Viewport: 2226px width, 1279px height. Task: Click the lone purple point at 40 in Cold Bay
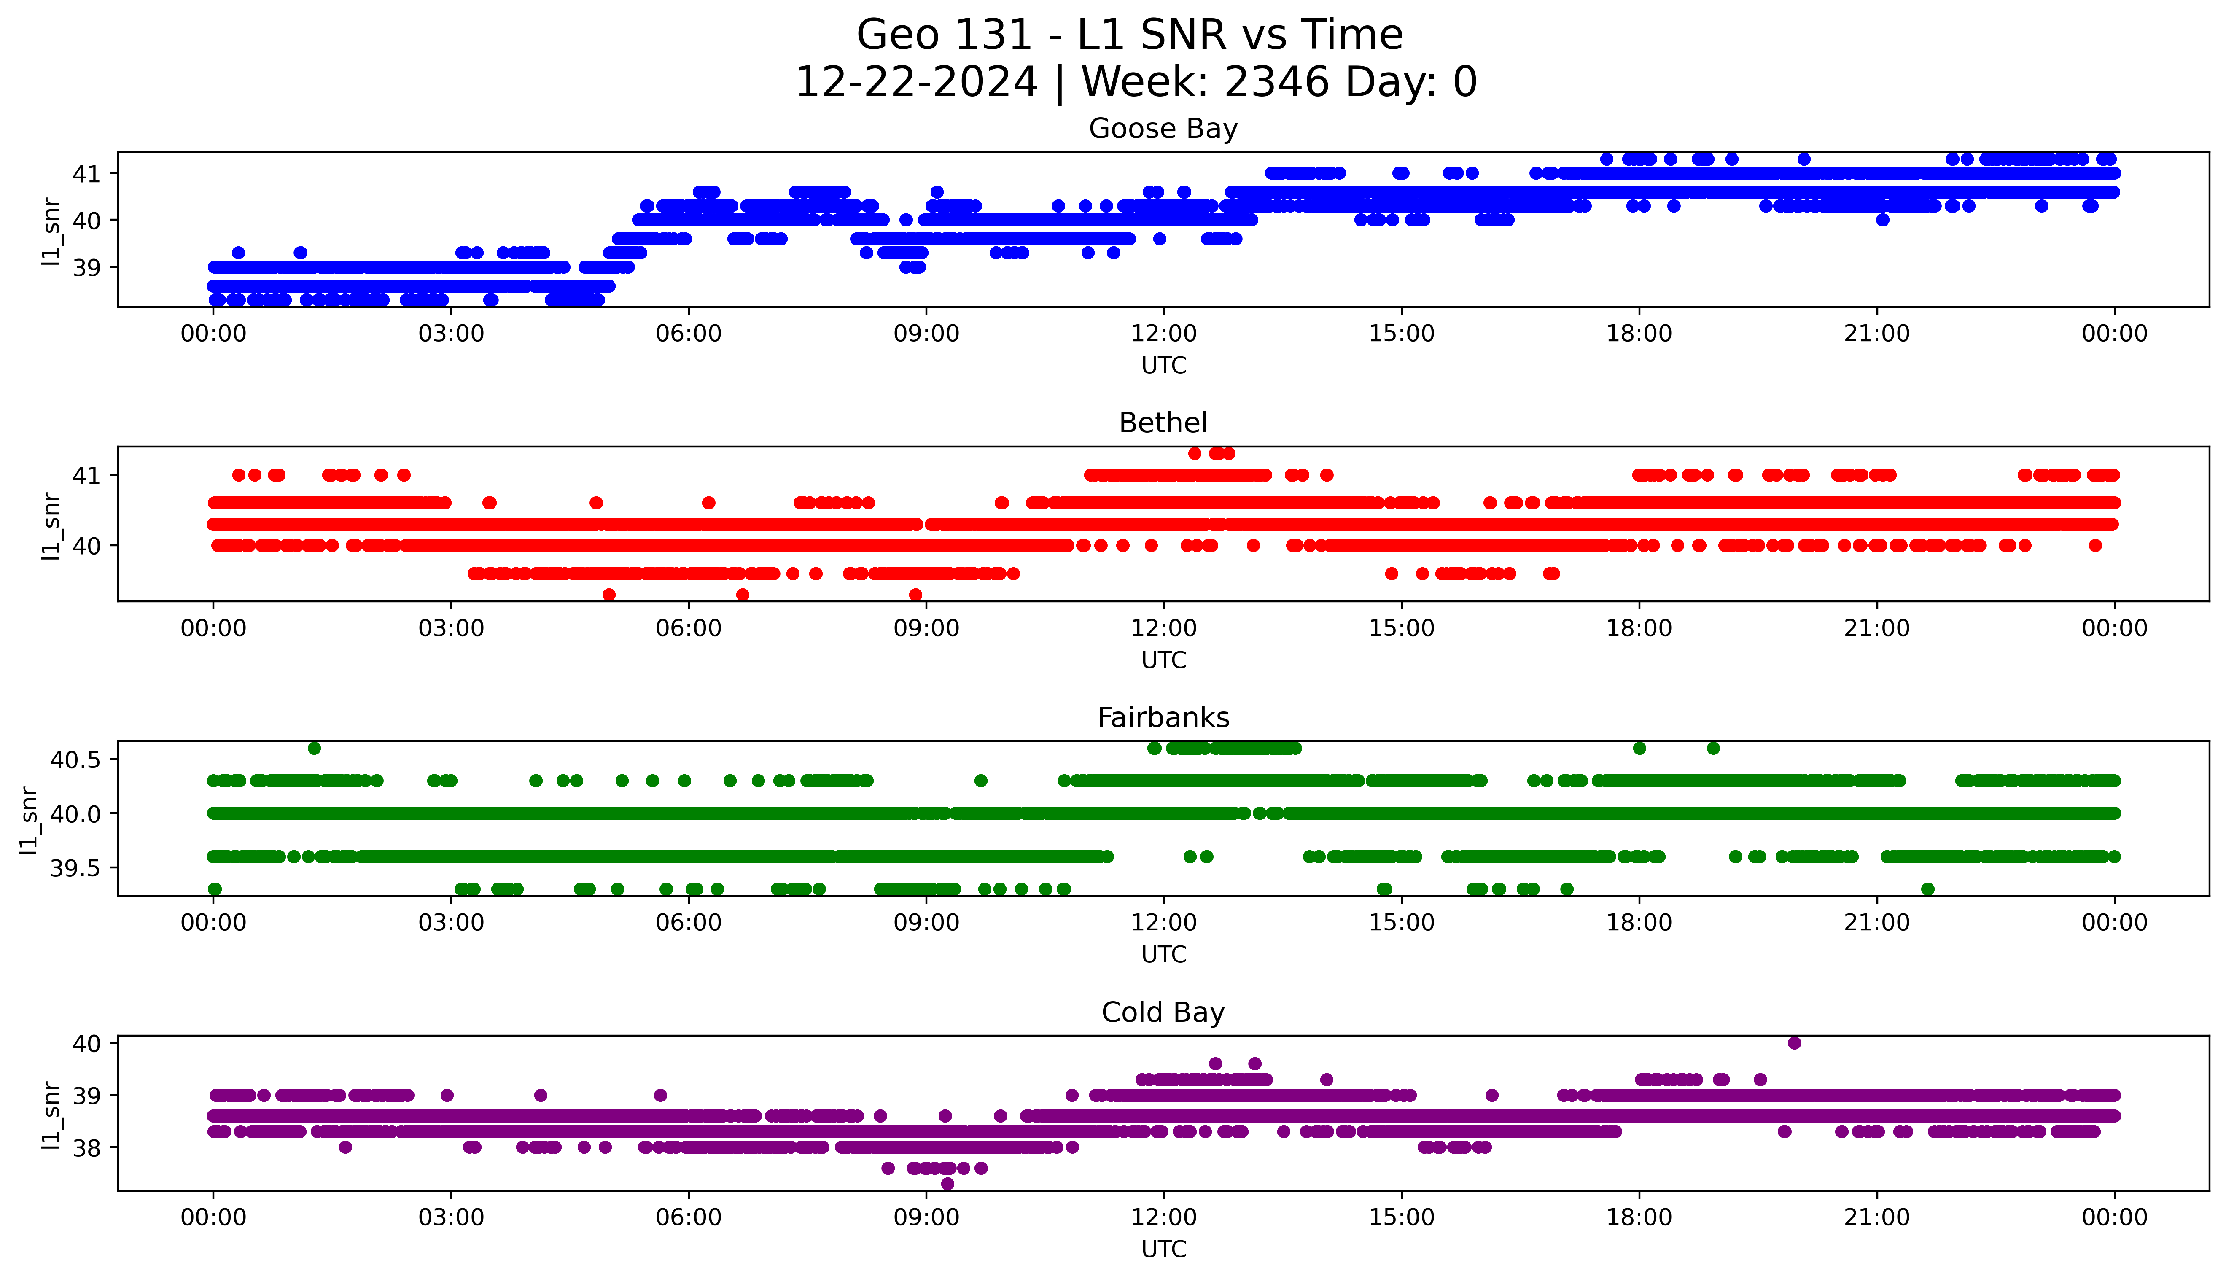point(1794,1043)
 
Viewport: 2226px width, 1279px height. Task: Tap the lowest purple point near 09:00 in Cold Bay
point(947,1183)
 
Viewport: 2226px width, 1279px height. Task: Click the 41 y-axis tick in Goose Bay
point(86,174)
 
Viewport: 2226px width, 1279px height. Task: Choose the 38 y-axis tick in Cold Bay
point(86,1147)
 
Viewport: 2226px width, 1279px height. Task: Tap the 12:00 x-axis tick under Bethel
point(1163,628)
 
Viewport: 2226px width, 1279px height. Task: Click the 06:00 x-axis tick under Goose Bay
point(689,334)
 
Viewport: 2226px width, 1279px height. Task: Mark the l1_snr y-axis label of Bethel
point(51,525)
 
